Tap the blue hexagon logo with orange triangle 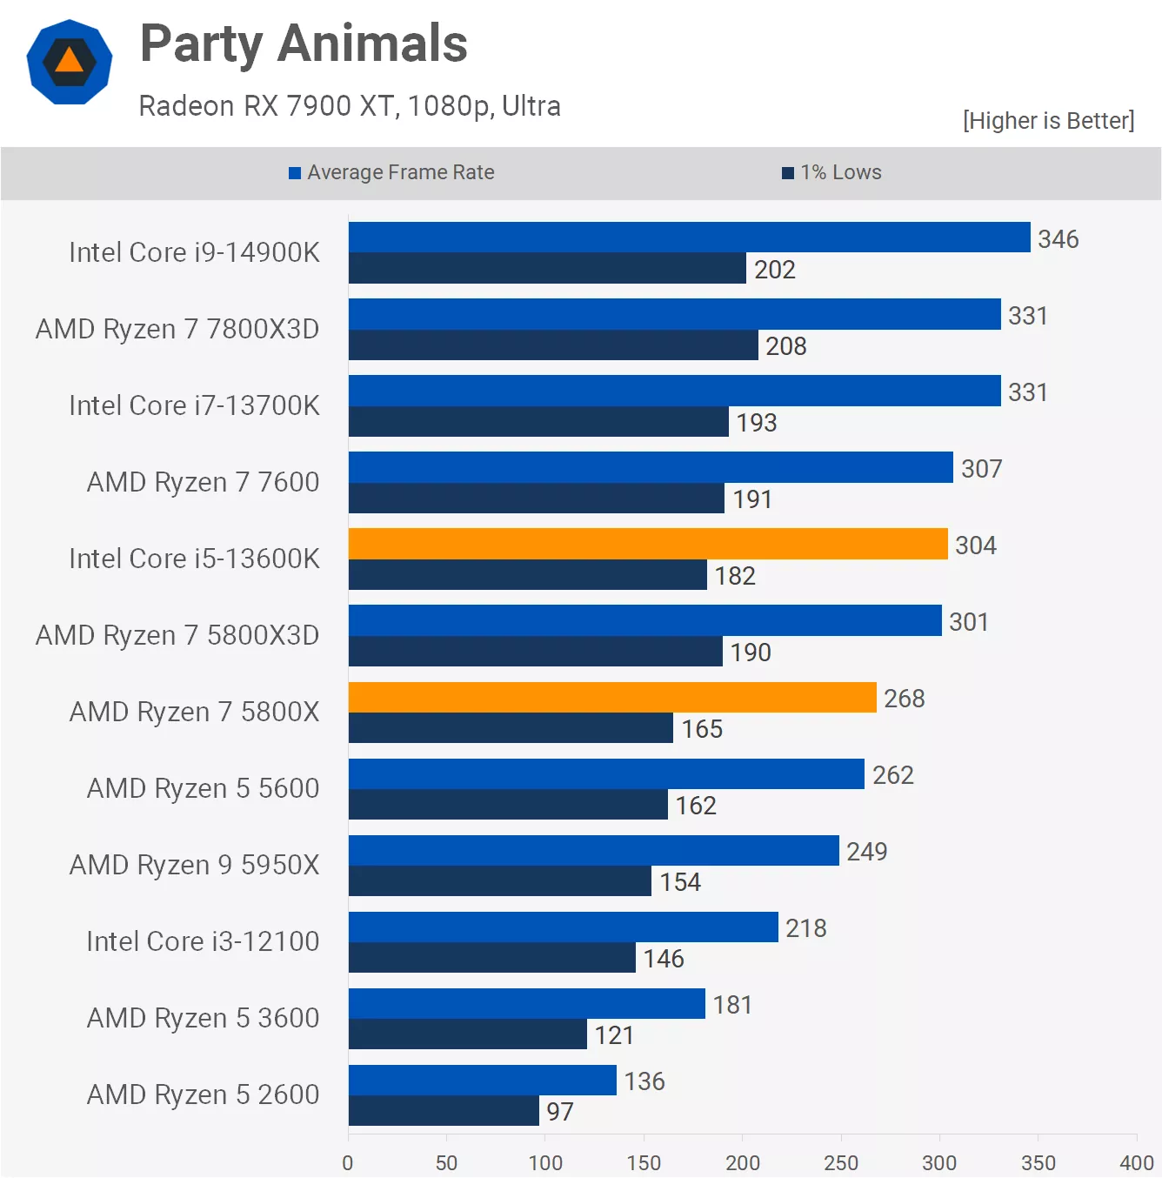(x=70, y=62)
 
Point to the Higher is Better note (x=1048, y=120)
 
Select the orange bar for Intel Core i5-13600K (x=648, y=544)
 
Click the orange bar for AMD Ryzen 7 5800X (x=612, y=697)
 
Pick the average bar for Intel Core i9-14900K (x=689, y=238)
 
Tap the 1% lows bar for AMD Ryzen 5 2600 (x=444, y=1110)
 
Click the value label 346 (x=1058, y=239)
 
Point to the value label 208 (x=785, y=346)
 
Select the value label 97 (x=559, y=1112)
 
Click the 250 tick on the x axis (x=840, y=1163)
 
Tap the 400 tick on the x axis (x=1136, y=1163)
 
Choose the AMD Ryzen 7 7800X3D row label (x=177, y=329)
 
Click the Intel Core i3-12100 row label (x=203, y=941)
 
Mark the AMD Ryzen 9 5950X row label (x=194, y=865)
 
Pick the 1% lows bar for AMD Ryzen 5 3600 (x=468, y=1034)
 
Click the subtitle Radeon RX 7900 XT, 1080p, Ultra (x=350, y=106)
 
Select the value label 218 (x=805, y=928)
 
